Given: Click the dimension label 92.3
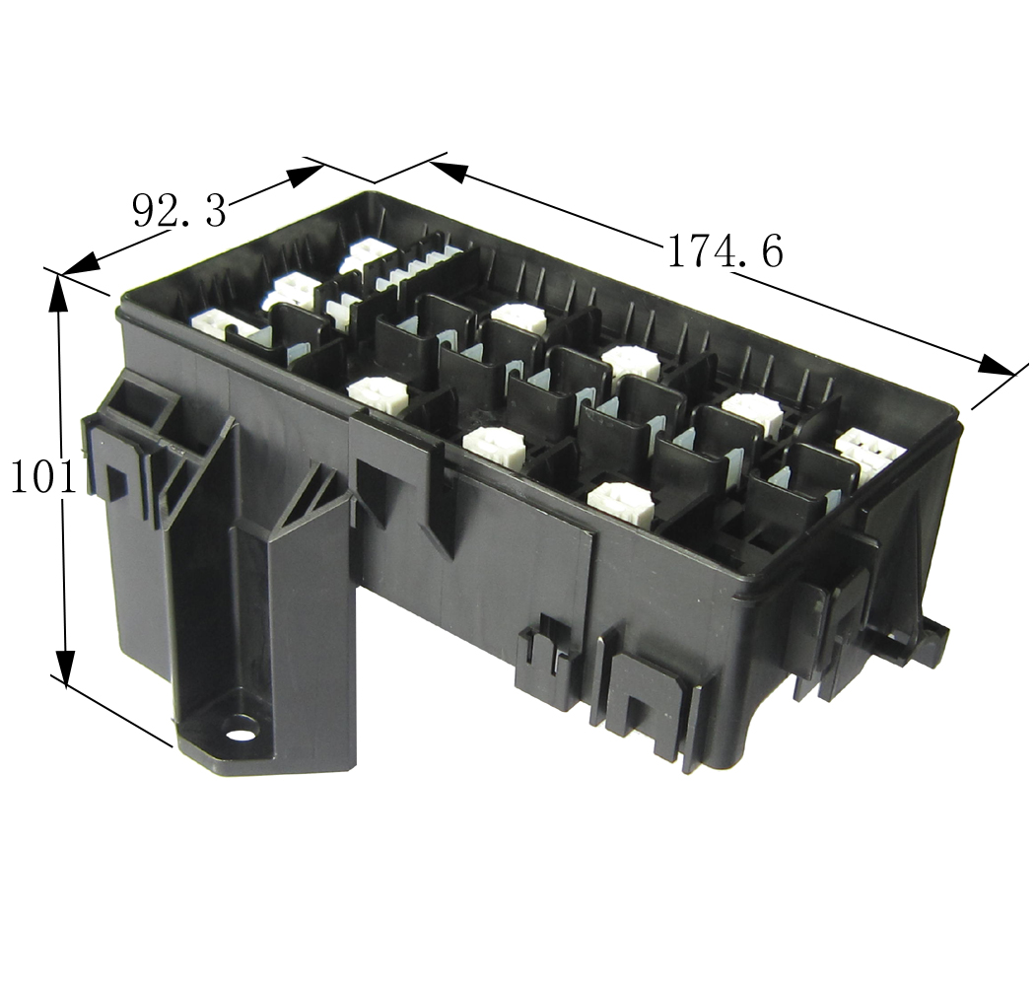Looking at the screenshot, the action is [178, 209].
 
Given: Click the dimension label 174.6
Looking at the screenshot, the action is [724, 251].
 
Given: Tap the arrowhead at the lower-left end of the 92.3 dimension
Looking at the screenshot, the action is [83, 263].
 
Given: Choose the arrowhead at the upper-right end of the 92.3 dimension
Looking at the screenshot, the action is [304, 175].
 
